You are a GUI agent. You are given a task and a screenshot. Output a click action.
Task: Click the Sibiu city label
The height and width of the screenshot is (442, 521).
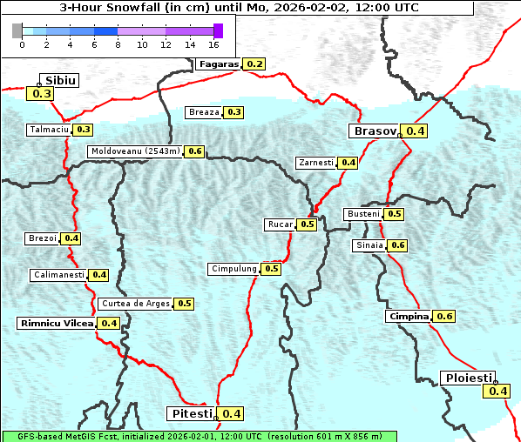pyautogui.click(x=61, y=80)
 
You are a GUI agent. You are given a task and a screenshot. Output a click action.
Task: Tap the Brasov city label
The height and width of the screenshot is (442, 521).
pyautogui.click(x=374, y=131)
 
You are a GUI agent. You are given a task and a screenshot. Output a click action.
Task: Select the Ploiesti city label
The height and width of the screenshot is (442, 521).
pyautogui.click(x=468, y=378)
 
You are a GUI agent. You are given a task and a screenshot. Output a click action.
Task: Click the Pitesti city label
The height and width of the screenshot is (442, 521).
pyautogui.click(x=189, y=413)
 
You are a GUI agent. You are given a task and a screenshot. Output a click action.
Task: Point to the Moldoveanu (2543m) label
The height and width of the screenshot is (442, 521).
pyautogui.click(x=135, y=151)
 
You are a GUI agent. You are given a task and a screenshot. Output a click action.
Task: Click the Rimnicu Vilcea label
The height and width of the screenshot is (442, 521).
pyautogui.click(x=57, y=323)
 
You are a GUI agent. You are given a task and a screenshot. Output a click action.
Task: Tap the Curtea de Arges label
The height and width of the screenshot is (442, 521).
pyautogui.click(x=134, y=304)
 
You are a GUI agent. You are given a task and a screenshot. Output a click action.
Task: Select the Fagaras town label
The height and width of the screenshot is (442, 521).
pyautogui.click(x=218, y=64)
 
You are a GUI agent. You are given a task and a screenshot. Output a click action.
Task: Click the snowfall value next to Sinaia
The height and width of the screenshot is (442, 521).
pyautogui.click(x=397, y=245)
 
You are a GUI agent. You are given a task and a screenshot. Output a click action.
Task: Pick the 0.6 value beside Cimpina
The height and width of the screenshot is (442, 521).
pyautogui.click(x=444, y=316)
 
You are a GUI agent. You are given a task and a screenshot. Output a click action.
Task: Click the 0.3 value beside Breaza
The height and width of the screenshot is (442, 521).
pyautogui.click(x=234, y=112)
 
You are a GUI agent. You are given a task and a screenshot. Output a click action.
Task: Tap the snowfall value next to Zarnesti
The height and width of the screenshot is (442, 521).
pyautogui.click(x=348, y=163)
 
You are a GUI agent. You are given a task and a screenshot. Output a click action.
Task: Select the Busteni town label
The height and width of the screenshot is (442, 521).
pyautogui.click(x=362, y=214)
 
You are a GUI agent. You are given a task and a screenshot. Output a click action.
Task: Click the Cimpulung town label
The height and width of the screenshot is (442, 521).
pyautogui.click(x=233, y=269)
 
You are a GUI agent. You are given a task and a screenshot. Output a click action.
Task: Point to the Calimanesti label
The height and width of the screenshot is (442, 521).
pyautogui.click(x=58, y=275)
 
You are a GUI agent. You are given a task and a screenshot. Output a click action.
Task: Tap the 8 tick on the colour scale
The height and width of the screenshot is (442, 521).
pyautogui.click(x=118, y=44)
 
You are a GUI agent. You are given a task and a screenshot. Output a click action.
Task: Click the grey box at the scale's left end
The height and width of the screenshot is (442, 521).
pyautogui.click(x=17, y=30)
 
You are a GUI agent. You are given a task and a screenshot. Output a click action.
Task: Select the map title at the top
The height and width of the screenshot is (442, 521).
pyautogui.click(x=238, y=8)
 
